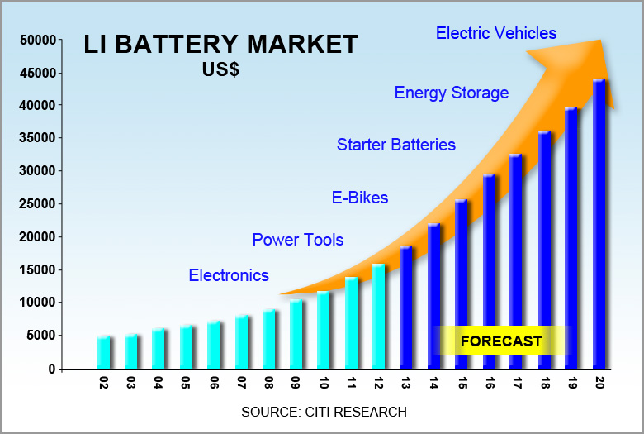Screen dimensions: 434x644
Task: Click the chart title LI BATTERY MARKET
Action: [220, 45]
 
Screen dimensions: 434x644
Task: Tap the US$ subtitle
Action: [220, 70]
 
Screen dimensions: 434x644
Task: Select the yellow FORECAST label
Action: [501, 341]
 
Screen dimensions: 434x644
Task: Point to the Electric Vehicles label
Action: [496, 33]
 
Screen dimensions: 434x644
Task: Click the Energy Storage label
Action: [451, 93]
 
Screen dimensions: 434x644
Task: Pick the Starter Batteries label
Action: [395, 145]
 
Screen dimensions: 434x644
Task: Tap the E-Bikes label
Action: [359, 198]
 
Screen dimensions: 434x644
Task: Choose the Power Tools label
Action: [297, 240]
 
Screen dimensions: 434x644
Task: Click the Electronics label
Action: [229, 275]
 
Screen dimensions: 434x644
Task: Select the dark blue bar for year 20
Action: [599, 223]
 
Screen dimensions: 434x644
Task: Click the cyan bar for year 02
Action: [103, 352]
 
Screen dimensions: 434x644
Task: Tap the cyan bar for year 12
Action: [379, 316]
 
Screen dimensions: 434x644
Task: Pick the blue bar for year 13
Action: [406, 307]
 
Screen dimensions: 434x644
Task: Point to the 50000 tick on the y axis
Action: [36, 40]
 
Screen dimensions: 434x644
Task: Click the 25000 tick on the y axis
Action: [36, 204]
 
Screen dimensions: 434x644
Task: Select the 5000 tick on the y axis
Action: [40, 336]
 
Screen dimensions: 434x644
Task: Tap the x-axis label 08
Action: [269, 384]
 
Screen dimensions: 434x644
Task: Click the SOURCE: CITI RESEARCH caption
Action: [324, 412]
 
